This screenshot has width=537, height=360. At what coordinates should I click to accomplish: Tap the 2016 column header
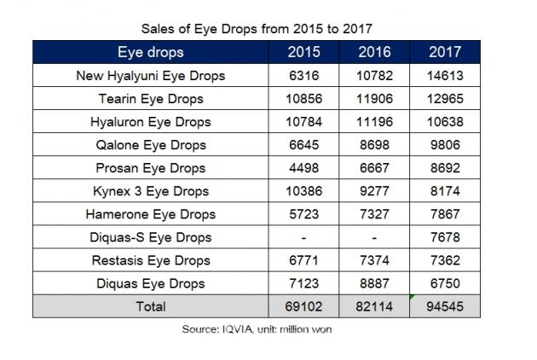pyautogui.click(x=375, y=52)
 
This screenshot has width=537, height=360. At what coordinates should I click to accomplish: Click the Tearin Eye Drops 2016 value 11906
pyautogui.click(x=375, y=99)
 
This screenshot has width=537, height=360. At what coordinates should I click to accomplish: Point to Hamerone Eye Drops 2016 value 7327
pyautogui.click(x=375, y=214)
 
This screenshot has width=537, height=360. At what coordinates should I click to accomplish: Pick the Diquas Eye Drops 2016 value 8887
pyautogui.click(x=375, y=283)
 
